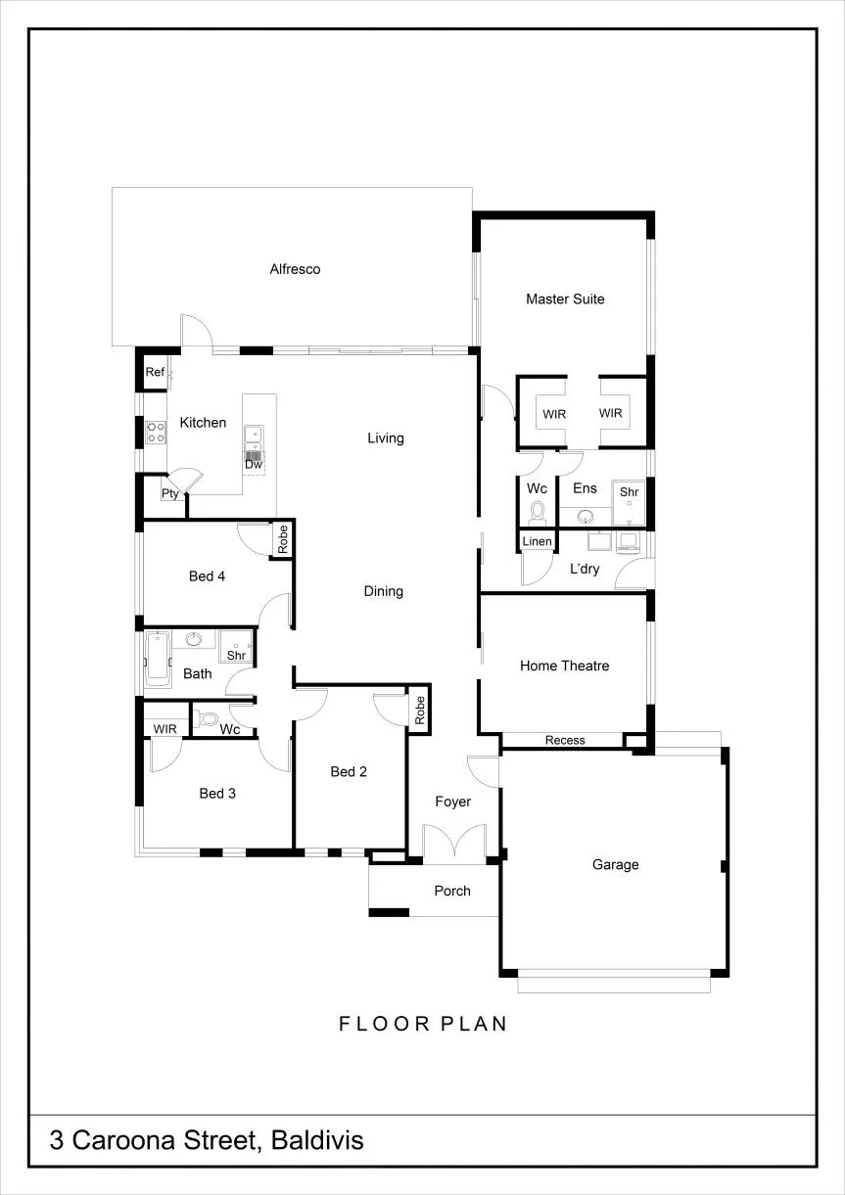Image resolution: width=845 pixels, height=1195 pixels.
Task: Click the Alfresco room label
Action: pos(295,269)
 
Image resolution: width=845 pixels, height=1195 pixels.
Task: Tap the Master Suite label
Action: pos(565,299)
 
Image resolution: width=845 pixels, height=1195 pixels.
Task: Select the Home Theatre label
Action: pos(564,666)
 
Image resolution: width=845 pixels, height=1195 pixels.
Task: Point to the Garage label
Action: pos(616,865)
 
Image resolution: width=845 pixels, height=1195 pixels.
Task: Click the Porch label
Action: pos(452,891)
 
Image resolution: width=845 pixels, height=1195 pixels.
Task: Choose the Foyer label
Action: pos(452,802)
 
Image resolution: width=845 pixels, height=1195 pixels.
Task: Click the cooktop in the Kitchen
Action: pos(156,433)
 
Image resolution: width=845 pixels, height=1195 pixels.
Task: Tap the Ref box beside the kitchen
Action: pos(155,372)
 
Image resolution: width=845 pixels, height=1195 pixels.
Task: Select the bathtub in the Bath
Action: pos(158,660)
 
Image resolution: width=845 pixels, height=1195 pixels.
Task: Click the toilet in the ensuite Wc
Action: pos(537,513)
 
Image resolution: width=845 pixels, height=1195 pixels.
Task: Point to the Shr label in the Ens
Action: pos(629,492)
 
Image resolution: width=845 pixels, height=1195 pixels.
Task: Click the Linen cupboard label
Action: pos(537,541)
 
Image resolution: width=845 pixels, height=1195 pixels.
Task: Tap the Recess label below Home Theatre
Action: pos(565,740)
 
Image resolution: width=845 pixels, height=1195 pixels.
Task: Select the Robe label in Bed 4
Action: pos(282,539)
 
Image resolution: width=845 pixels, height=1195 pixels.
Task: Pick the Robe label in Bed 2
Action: pos(420,711)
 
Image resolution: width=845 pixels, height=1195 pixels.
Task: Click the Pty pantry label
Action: pos(169,493)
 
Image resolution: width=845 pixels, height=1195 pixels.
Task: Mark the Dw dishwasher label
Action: pos(254,464)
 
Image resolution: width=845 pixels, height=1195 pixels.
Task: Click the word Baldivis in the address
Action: pos(317,1140)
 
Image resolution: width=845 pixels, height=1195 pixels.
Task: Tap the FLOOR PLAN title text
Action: pos(423,1023)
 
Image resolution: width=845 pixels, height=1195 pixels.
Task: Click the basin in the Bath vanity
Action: pos(193,638)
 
